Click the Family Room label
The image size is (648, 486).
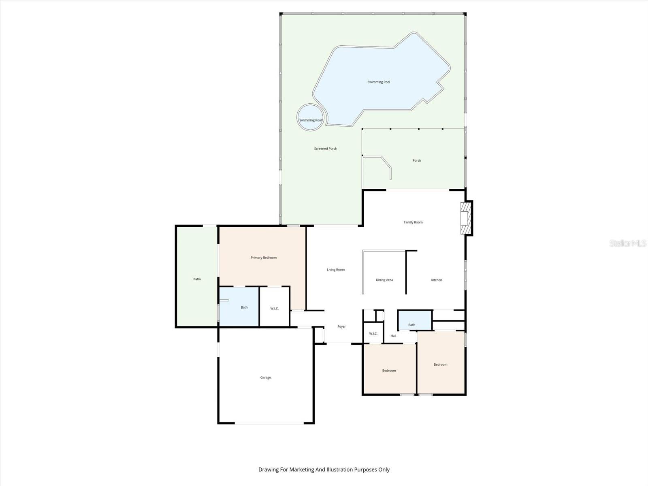click(413, 222)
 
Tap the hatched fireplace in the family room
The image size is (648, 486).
click(467, 218)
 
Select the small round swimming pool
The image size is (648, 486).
click(311, 117)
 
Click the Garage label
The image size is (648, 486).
click(266, 377)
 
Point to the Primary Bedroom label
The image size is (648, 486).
click(264, 258)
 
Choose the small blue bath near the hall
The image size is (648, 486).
click(415, 320)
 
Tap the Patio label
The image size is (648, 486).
click(197, 279)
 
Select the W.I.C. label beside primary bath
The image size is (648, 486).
click(275, 309)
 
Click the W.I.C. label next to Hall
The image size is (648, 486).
click(373, 334)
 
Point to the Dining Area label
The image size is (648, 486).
click(384, 280)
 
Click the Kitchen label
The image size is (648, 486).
click(437, 280)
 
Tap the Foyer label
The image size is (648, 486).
click(341, 326)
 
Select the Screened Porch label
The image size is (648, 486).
click(326, 149)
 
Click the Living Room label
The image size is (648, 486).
click(336, 270)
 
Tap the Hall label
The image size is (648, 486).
click(393, 336)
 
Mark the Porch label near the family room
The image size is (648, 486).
click(417, 161)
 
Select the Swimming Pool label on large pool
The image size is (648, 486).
click(379, 82)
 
